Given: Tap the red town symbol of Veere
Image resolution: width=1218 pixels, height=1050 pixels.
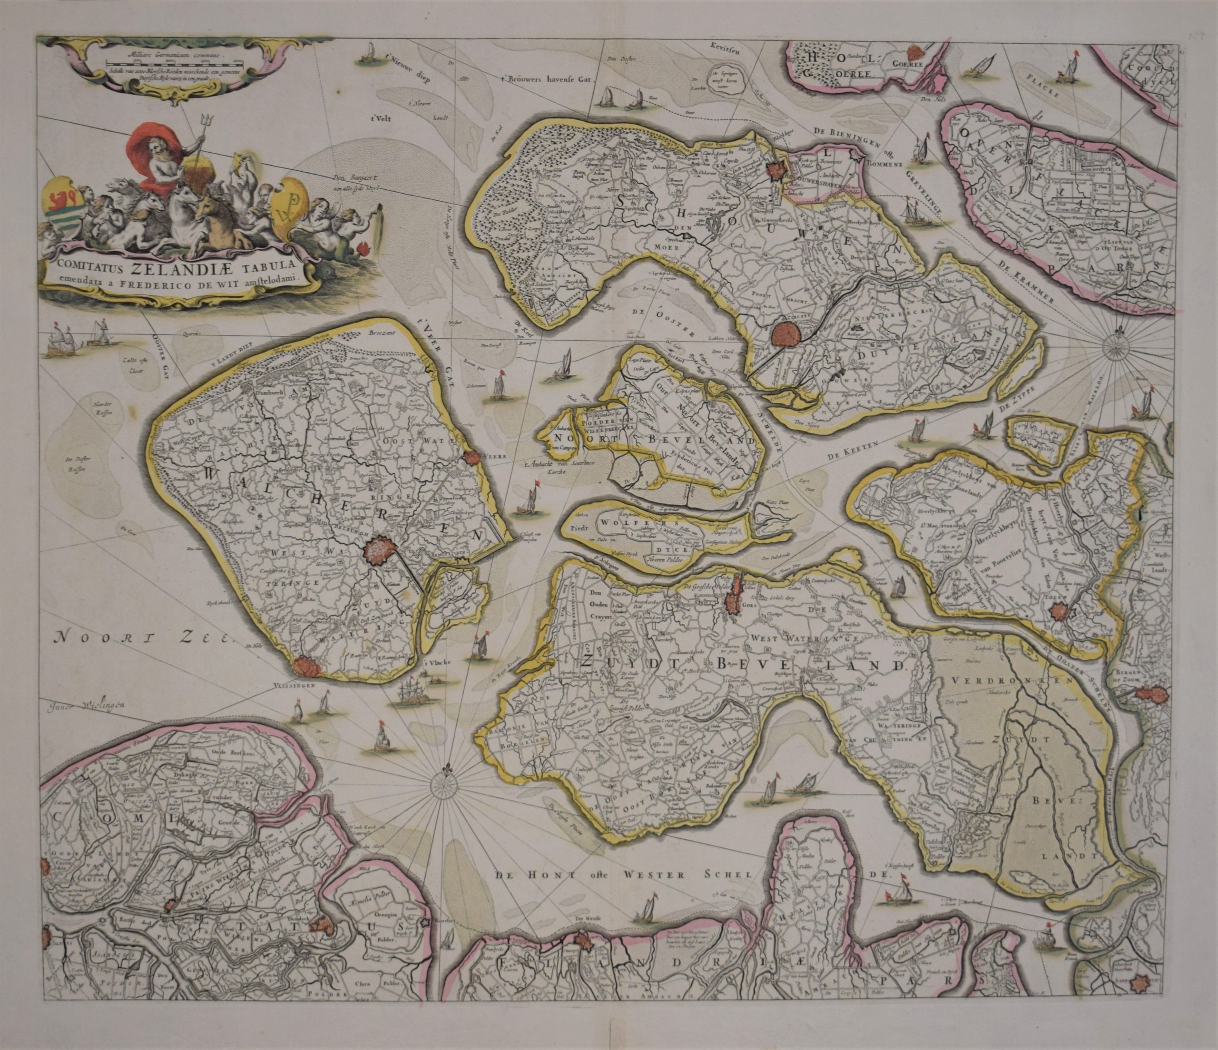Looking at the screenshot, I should pyautogui.click(x=471, y=458).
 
